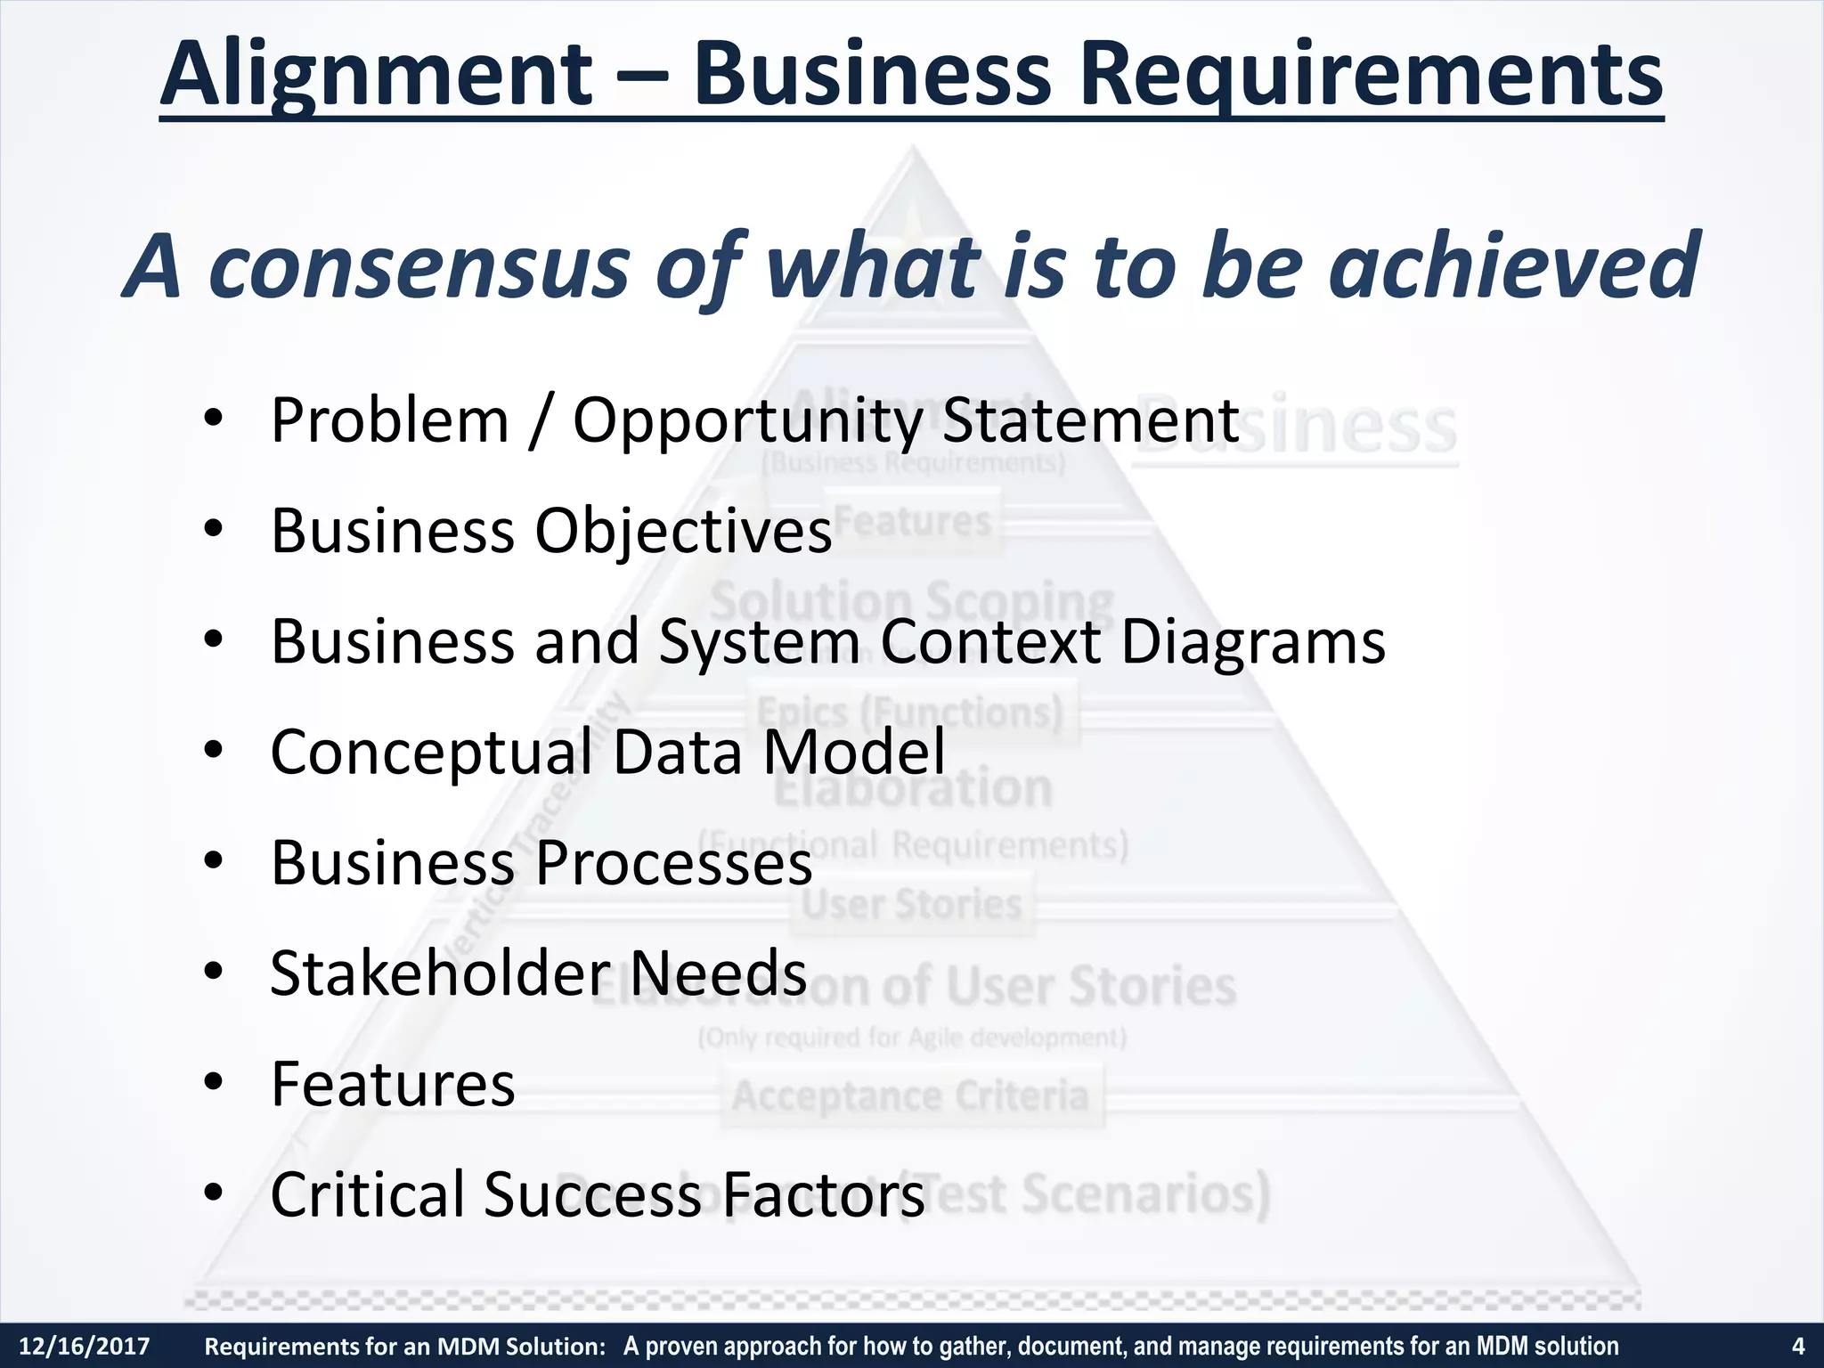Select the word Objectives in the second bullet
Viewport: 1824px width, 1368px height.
coord(683,531)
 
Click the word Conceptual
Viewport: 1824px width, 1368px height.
coord(431,753)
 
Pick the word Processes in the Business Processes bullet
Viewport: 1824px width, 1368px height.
coord(674,863)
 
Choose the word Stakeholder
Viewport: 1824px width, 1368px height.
coord(440,973)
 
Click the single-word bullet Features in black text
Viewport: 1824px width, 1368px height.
coord(393,1084)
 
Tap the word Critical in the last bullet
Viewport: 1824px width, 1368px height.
coord(365,1194)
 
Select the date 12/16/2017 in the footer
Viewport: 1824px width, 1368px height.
coord(85,1346)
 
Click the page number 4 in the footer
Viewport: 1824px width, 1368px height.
coord(1797,1346)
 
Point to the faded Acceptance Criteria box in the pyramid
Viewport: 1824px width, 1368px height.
coord(911,1097)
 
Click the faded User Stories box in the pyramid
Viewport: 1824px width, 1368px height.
coord(911,904)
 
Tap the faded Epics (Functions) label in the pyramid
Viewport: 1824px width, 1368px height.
coord(911,712)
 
